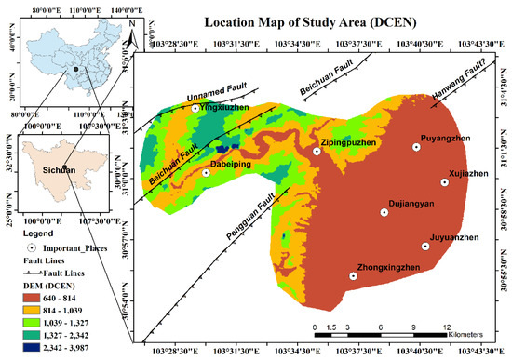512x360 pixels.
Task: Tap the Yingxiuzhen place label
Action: [x=223, y=108]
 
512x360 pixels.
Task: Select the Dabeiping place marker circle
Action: [x=206, y=173]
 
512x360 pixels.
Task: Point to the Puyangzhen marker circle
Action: [x=416, y=147]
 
